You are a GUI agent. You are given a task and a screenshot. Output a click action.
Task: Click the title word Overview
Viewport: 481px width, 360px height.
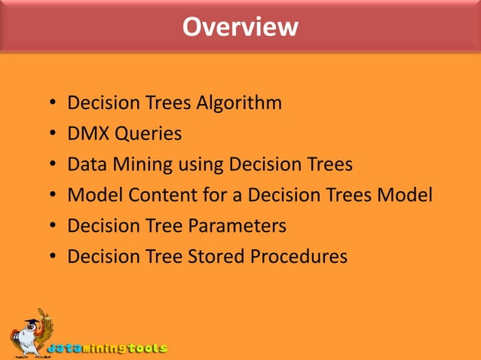point(240,27)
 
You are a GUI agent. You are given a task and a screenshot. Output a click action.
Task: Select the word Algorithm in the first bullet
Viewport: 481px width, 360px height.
point(240,103)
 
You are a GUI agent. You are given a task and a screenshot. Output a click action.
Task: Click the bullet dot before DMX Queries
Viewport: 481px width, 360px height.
point(51,135)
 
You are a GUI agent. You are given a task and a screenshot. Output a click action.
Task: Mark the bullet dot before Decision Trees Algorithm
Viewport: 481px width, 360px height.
point(51,104)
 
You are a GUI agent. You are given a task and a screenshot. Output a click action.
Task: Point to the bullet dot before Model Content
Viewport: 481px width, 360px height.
point(51,196)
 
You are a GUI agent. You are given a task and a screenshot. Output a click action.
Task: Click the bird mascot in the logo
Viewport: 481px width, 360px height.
point(30,331)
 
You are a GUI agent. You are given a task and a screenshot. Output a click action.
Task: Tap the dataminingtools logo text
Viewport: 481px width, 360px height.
point(107,349)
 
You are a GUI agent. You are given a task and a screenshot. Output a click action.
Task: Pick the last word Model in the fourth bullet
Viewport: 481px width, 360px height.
point(406,195)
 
